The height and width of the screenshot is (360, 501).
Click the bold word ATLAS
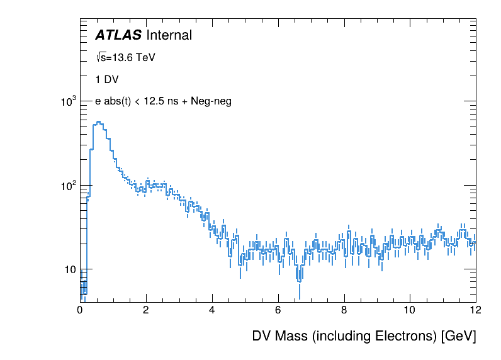(x=118, y=36)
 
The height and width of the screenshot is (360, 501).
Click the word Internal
(x=169, y=36)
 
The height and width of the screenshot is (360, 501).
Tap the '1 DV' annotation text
(x=106, y=80)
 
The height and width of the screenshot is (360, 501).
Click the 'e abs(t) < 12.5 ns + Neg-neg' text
(x=163, y=101)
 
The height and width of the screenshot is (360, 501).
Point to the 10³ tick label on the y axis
(x=67, y=101)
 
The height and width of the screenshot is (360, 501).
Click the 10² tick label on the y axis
(x=67, y=186)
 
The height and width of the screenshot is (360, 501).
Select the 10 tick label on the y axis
(x=69, y=270)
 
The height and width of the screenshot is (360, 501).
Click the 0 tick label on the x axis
(x=80, y=310)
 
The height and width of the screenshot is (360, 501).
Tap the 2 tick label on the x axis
(x=146, y=310)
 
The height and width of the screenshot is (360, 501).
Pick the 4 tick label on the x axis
(x=212, y=310)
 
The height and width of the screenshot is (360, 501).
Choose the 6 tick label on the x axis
(x=278, y=310)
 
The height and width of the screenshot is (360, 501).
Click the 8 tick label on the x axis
(x=344, y=310)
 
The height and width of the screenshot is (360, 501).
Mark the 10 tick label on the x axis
(x=410, y=310)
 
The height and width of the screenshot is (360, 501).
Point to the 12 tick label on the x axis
(x=475, y=310)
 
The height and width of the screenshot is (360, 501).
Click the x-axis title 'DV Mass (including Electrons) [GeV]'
(x=364, y=336)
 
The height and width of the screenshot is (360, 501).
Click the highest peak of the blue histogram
(x=99, y=122)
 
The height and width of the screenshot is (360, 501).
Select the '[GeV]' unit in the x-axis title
(x=459, y=336)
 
